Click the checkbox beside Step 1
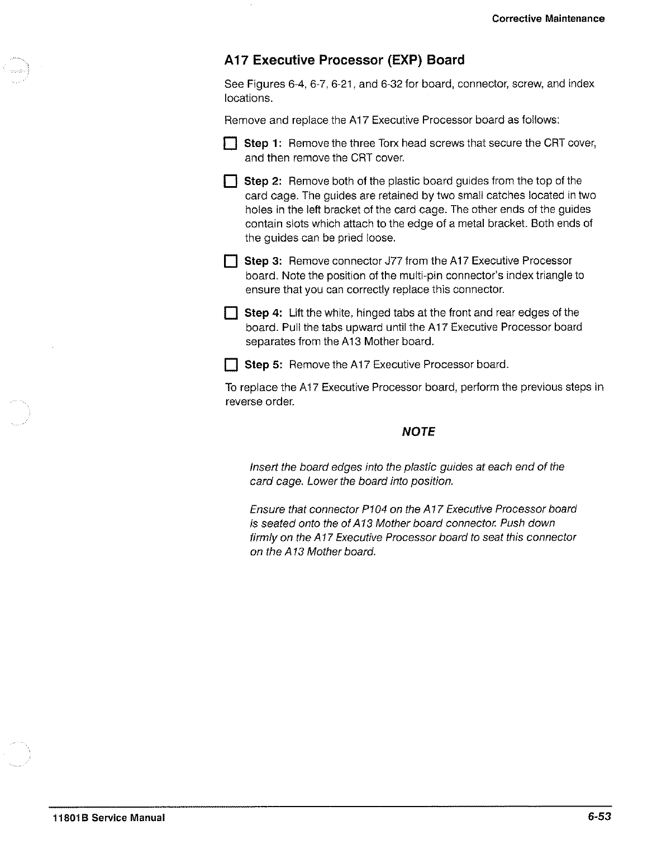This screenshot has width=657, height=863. pos(231,144)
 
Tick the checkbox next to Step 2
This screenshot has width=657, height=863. pos(231,182)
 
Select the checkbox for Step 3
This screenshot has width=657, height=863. pos(231,262)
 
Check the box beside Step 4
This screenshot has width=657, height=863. pos(231,313)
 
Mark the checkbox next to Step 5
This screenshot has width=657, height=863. pos(231,366)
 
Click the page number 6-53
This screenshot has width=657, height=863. pos(599,817)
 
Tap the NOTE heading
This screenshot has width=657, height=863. pos(418,432)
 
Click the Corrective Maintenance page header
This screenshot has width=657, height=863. pos(548,18)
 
